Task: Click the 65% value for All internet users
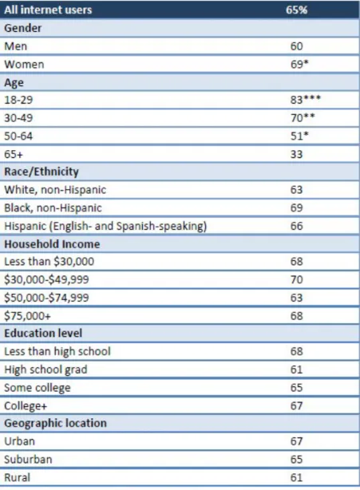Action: click(296, 10)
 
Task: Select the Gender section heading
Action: click(23, 28)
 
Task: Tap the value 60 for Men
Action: click(296, 46)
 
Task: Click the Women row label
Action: click(24, 65)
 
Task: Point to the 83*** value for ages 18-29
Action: click(305, 100)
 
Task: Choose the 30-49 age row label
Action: click(18, 118)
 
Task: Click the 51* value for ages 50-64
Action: click(299, 136)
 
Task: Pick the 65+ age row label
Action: click(14, 154)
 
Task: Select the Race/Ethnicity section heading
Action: click(42, 172)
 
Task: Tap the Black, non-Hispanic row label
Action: click(53, 207)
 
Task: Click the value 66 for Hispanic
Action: click(296, 226)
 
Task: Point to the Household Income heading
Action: click(52, 244)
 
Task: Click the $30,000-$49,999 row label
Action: click(46, 279)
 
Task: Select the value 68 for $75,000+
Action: click(296, 315)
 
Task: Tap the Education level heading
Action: click(43, 333)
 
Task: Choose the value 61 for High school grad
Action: click(296, 369)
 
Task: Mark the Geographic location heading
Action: click(55, 423)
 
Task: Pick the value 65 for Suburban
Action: click(296, 460)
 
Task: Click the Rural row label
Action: click(18, 477)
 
